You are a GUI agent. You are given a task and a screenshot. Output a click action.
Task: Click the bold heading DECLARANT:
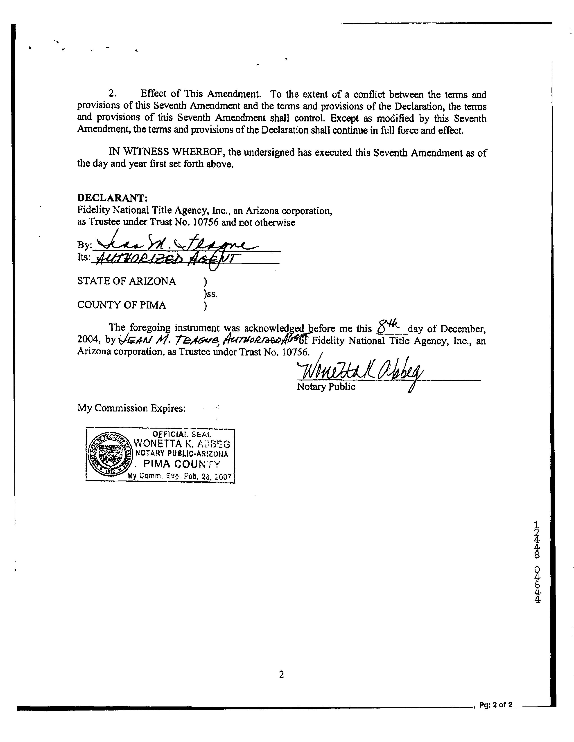pos(112,198)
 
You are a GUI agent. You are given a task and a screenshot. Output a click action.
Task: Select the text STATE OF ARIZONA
pos(127,281)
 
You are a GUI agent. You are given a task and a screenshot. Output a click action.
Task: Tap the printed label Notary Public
pos(326,387)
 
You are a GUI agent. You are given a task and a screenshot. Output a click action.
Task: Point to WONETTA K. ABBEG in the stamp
pos(182,444)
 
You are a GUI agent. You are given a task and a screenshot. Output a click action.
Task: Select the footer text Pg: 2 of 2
pos(495,705)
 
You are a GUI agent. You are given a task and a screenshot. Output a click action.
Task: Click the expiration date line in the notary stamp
pos(179,476)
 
